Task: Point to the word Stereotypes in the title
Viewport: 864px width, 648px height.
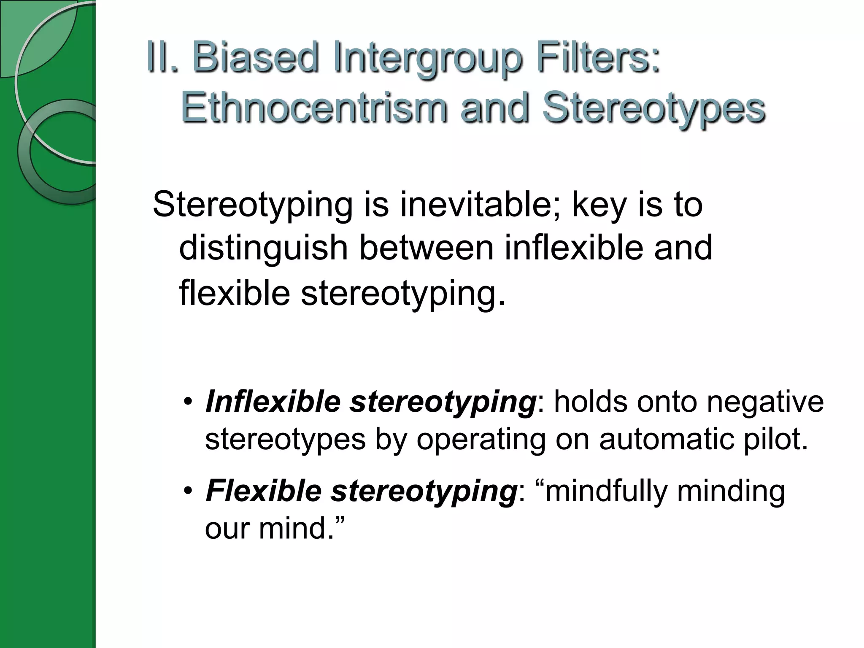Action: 653,109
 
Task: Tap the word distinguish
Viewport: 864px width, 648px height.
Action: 264,248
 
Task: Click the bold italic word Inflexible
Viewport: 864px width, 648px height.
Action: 273,402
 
